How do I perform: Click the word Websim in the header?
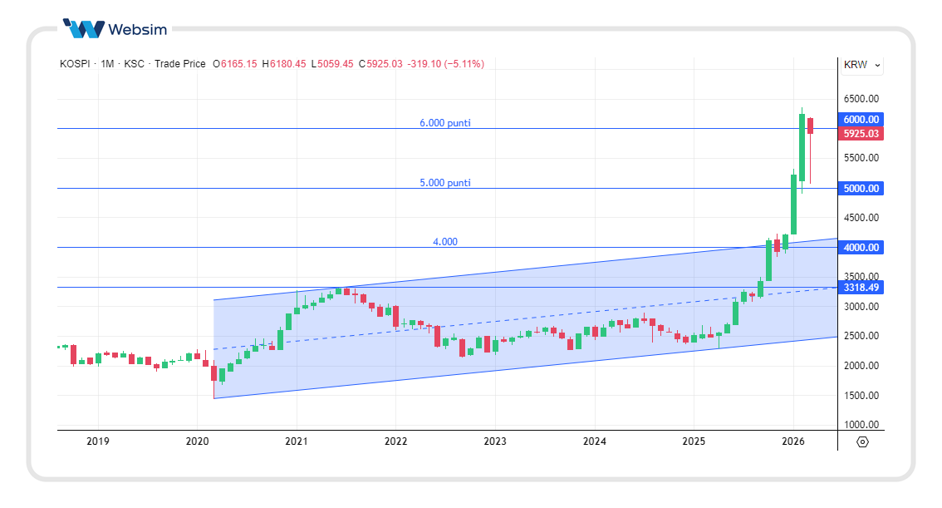point(137,30)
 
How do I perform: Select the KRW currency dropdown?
point(862,65)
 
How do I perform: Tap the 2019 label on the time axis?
point(98,441)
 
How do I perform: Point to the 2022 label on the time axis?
point(395,441)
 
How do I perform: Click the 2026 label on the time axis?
point(793,441)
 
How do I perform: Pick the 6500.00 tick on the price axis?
point(861,99)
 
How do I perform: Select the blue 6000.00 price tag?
point(861,120)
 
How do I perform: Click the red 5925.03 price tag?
point(861,134)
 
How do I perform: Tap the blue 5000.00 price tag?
point(861,189)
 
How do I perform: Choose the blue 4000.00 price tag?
point(861,248)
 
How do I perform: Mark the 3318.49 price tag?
point(861,288)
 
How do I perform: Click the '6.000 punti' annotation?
point(444,123)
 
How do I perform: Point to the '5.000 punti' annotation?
point(444,183)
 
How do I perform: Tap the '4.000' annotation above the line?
point(444,242)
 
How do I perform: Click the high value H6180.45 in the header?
point(284,64)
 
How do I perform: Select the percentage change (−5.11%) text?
point(464,64)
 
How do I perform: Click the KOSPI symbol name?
point(76,64)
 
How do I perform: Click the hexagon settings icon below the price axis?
point(861,441)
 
